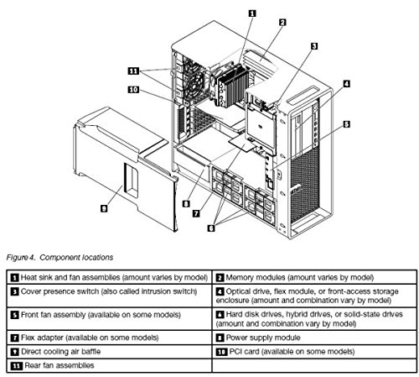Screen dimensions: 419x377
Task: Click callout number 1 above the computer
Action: pos(252,13)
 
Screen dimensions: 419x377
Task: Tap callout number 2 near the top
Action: pos(282,22)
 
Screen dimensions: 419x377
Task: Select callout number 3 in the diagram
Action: pos(314,46)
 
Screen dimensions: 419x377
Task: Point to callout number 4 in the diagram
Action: pos(346,83)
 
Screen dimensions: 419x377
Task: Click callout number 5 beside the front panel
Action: pos(346,124)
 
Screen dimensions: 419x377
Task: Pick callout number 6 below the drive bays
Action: pos(211,228)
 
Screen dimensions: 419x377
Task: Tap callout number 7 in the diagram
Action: pos(196,213)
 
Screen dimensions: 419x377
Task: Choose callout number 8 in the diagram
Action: pos(186,204)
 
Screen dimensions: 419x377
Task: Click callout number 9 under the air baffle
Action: pos(104,208)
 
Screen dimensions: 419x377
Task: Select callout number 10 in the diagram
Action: pos(133,90)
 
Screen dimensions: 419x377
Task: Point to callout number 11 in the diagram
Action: pos(133,71)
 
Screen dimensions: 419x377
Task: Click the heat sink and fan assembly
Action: pos(230,85)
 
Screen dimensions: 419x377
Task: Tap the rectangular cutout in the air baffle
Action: pos(131,180)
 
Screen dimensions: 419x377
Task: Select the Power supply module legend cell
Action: pos(314,338)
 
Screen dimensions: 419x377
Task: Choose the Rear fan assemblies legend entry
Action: pos(53,365)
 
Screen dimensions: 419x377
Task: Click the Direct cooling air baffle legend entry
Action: pos(56,352)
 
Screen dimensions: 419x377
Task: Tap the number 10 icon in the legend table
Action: pos(221,352)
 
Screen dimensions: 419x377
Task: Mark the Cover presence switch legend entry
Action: pos(104,291)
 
